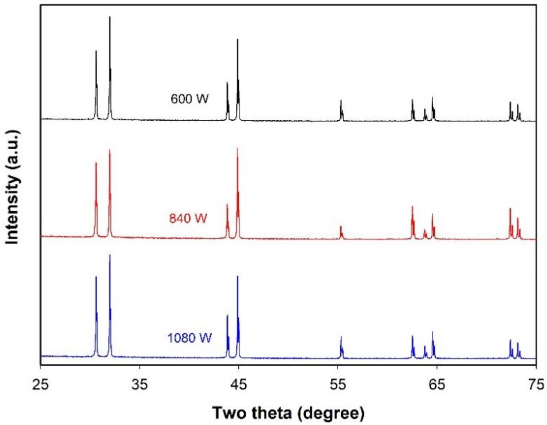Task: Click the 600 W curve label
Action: coord(189,99)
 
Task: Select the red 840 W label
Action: coord(188,218)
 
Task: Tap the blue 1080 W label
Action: coord(189,338)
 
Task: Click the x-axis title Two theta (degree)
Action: coord(288,413)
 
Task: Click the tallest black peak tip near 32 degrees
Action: coord(110,17)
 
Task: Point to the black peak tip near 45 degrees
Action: coord(238,39)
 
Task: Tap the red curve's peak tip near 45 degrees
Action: coord(237,148)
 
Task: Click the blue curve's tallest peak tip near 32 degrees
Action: coord(110,255)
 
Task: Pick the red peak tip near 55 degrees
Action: coord(341,226)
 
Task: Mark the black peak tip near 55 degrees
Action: coord(341,100)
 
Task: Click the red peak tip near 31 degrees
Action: coord(96,163)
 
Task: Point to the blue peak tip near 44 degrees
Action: coord(227,315)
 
